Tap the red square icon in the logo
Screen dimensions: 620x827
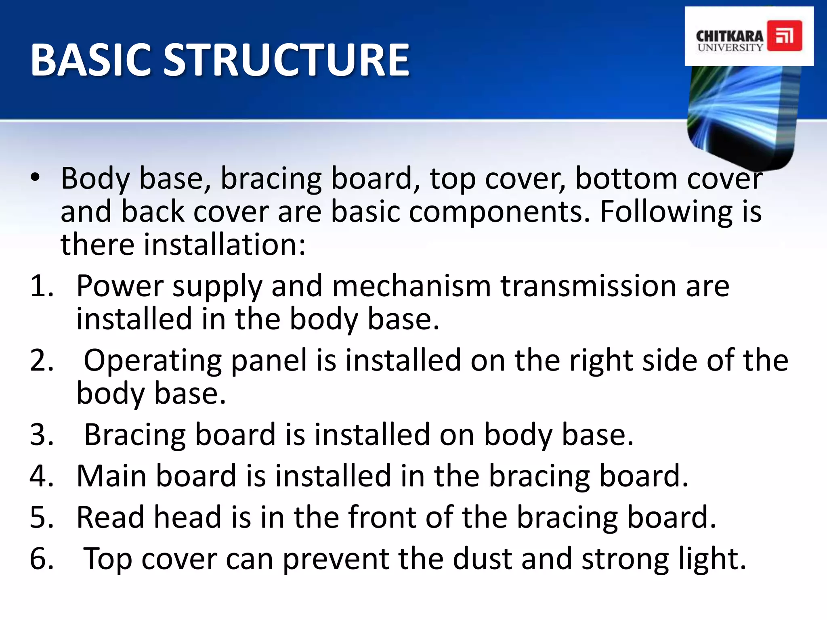[784, 36]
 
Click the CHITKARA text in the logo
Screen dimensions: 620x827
[729, 36]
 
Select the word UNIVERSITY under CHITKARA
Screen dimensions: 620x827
[730, 48]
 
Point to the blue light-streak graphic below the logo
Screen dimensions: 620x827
[743, 113]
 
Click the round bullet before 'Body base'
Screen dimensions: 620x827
[36, 178]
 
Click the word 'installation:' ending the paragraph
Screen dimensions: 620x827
[225, 245]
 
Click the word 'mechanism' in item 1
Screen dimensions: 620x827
[411, 286]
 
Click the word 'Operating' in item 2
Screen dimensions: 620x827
[153, 360]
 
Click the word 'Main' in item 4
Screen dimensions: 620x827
[111, 476]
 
